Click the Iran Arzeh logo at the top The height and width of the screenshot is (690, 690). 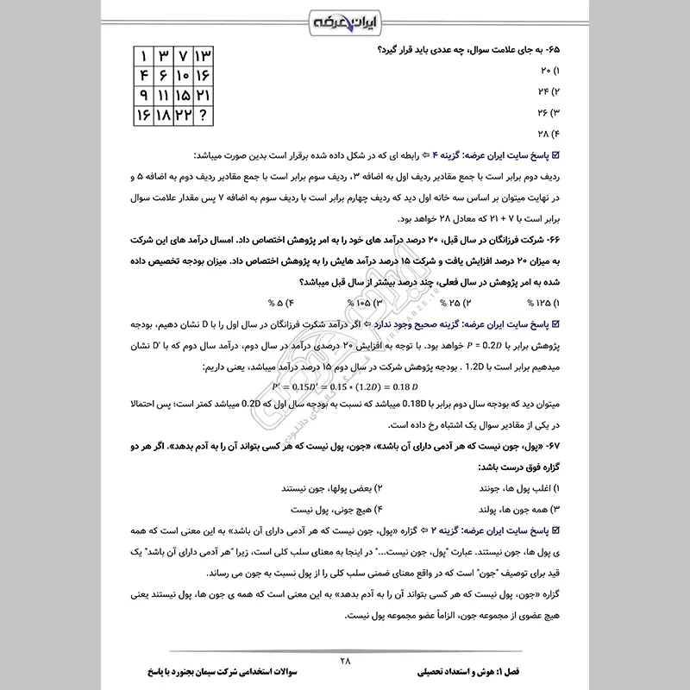coord(344,19)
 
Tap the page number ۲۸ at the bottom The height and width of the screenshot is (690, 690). coord(345,662)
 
